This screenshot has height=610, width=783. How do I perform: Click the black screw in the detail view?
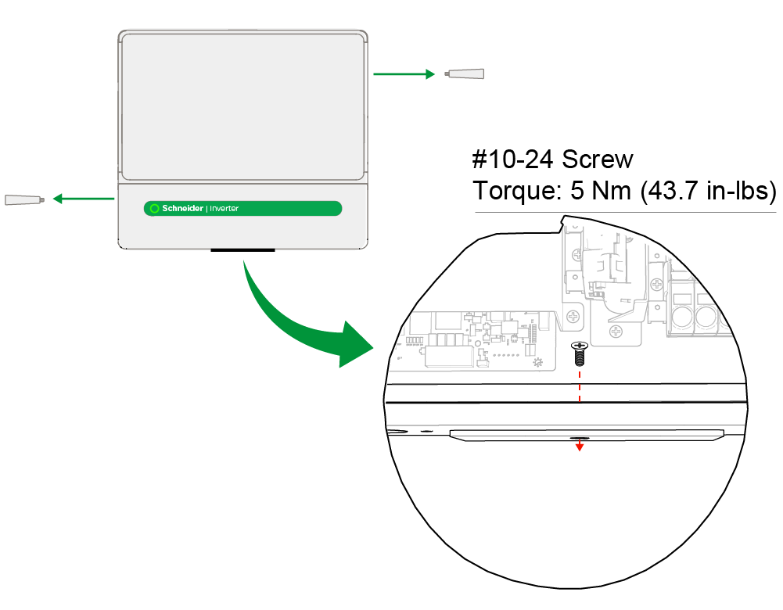[x=579, y=354]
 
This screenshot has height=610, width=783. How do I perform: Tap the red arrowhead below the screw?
[x=580, y=447]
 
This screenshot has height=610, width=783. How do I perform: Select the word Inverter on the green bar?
[x=224, y=209]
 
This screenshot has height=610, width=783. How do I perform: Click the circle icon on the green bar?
[x=154, y=209]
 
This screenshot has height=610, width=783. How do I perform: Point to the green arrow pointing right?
[x=404, y=74]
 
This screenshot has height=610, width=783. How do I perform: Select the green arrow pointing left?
[x=83, y=199]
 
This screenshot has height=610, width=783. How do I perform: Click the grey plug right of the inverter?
[x=465, y=74]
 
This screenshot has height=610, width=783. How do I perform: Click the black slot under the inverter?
[x=243, y=251]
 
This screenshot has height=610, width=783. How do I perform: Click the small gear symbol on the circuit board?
[x=537, y=363]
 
